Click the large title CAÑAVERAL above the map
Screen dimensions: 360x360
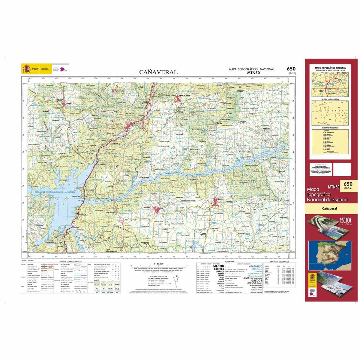[158, 72]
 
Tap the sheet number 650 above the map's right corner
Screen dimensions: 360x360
[291, 69]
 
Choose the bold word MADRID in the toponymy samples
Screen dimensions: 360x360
[218, 266]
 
